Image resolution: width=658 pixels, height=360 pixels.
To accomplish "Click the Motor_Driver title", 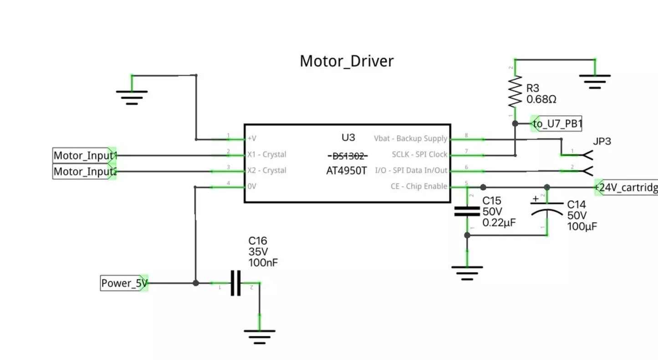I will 347,61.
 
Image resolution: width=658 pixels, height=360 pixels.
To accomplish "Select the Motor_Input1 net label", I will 85,156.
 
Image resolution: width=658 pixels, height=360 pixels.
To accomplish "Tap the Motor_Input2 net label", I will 85,172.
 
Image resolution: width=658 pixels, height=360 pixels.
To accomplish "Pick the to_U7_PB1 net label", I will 557,123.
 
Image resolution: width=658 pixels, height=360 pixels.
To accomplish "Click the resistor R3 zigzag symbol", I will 515,92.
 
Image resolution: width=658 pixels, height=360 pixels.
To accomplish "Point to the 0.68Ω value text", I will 541,99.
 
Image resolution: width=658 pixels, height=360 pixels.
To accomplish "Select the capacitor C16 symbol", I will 235,283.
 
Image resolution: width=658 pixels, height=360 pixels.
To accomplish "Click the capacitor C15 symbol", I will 467,211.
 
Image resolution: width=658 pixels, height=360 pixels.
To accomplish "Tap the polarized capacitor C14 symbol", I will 547,208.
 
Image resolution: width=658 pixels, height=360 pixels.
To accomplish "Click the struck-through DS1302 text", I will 348,156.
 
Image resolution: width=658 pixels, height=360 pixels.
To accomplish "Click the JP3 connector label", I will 602,142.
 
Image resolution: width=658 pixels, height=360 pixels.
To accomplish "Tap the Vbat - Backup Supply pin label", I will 410,138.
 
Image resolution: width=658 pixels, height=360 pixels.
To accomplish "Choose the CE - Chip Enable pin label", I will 419,186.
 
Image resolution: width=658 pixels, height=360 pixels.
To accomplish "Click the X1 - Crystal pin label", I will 267,155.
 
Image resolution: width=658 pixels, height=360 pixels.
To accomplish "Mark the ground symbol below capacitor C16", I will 260,335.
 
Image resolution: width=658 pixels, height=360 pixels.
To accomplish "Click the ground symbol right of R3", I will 595,81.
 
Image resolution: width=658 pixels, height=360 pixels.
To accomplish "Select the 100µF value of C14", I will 582,226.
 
